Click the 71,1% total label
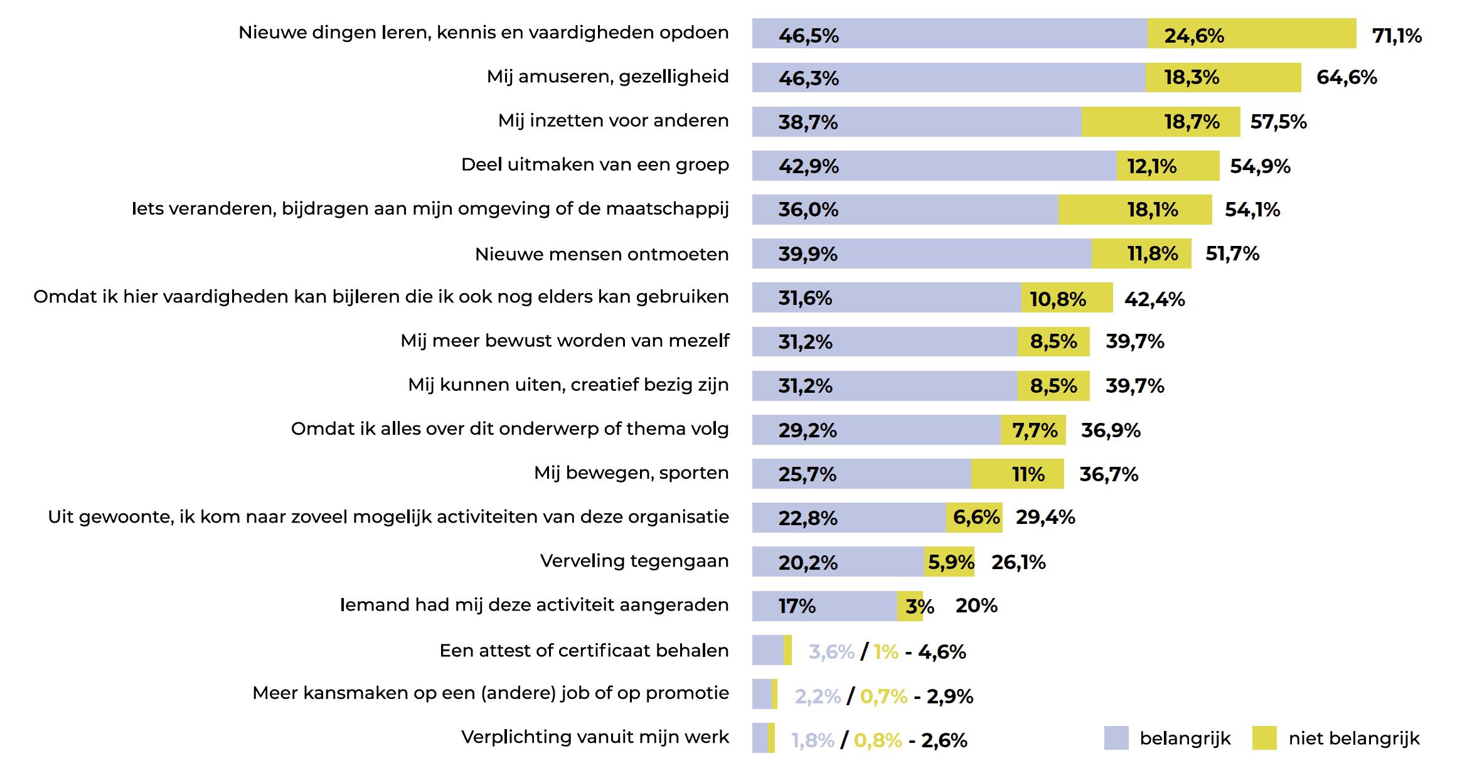[1396, 35]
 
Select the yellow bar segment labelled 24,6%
[1251, 33]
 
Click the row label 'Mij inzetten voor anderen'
[613, 120]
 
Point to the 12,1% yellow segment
[1167, 166]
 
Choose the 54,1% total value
[1252, 210]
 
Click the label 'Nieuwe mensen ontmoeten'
[601, 254]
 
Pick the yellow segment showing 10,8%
[1066, 298]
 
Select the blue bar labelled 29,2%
[876, 430]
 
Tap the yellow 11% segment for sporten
[1016, 474]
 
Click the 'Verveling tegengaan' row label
[634, 561]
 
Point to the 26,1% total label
[1018, 562]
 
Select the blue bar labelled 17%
[824, 606]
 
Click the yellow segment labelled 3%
[910, 606]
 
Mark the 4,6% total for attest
[942, 652]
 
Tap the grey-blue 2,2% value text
[817, 696]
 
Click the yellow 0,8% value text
[877, 740]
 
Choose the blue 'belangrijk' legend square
[1116, 738]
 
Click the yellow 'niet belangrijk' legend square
[1264, 738]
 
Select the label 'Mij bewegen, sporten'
[631, 473]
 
